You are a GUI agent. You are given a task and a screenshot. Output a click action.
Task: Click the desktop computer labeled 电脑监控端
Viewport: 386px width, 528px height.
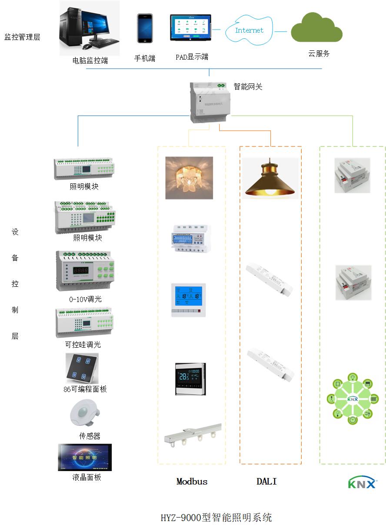[89, 28]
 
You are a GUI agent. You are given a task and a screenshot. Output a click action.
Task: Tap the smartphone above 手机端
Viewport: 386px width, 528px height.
[145, 29]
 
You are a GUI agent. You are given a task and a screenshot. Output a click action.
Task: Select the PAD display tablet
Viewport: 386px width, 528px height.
[190, 29]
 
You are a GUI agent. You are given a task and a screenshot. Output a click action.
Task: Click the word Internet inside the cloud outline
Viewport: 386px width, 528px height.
[249, 30]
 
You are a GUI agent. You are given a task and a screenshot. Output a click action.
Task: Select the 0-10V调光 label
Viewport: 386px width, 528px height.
[85, 299]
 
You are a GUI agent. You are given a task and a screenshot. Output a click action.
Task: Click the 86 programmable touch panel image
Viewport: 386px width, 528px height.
[82, 368]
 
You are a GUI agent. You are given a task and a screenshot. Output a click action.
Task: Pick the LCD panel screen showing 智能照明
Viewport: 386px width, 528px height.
[85, 457]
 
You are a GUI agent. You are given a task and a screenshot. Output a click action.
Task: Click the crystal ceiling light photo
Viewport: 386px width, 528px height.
[189, 178]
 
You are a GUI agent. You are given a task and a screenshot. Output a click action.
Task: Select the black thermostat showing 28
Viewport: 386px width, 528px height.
[190, 379]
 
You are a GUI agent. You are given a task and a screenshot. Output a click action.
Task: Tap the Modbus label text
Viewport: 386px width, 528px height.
[192, 482]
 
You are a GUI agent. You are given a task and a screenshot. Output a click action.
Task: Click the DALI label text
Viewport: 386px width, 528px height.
[266, 482]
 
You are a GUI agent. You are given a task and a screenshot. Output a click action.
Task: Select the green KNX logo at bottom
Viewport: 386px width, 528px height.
[362, 482]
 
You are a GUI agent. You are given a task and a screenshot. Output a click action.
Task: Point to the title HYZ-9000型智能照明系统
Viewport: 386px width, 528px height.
[216, 518]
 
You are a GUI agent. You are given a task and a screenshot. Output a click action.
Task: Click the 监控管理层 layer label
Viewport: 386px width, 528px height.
[22, 37]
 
